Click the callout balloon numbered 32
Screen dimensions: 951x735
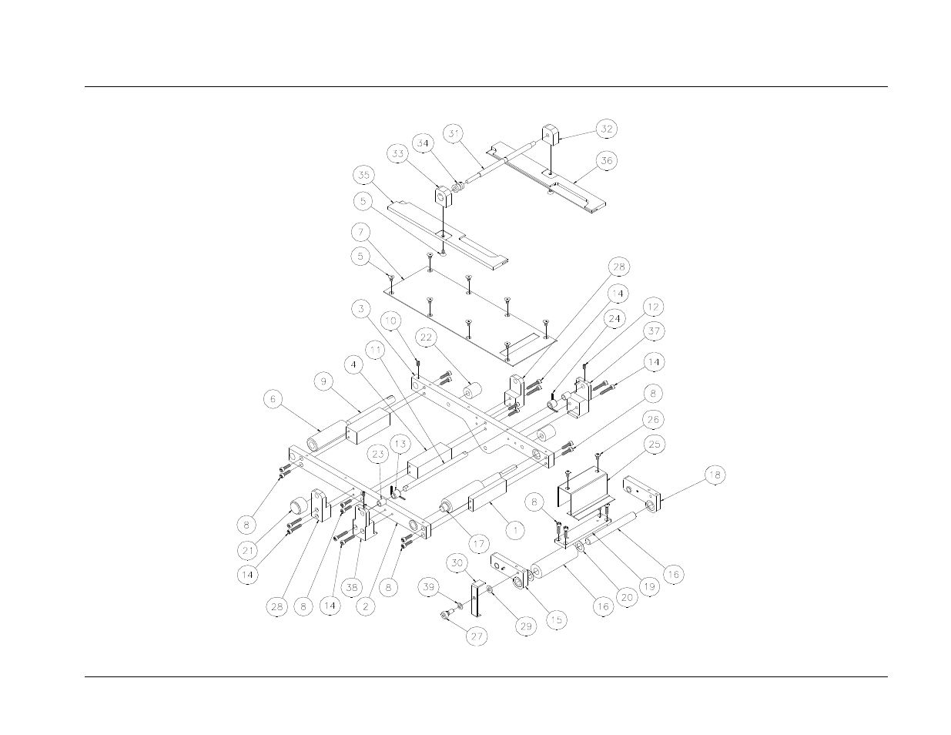(606, 129)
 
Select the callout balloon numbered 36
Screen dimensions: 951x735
(606, 160)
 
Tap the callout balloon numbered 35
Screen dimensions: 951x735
(363, 175)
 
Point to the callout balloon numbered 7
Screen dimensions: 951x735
(360, 232)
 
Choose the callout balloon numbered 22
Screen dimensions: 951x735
(426, 337)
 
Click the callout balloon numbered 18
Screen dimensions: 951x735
(715, 475)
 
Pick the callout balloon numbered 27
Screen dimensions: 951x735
(476, 636)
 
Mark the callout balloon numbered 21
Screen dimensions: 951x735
(248, 550)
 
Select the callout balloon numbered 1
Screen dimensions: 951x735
(516, 531)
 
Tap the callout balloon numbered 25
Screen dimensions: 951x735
(654, 445)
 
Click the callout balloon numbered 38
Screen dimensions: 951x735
(352, 588)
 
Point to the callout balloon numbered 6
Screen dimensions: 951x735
(273, 399)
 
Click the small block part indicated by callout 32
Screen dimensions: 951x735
(551, 135)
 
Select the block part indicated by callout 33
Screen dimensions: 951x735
(444, 197)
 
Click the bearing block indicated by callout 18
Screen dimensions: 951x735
(642, 493)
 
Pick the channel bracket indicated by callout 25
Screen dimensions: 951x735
(584, 492)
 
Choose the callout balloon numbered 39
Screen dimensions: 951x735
(428, 586)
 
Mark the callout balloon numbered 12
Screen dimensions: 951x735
(653, 307)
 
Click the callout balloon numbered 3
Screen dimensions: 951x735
(361, 309)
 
